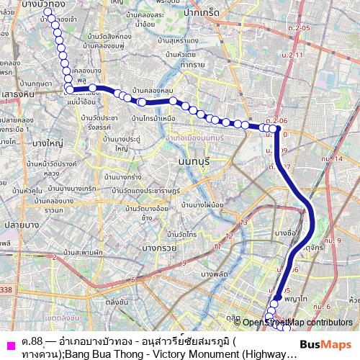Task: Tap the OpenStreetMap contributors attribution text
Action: tap(297, 323)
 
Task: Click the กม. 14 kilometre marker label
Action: tap(332, 158)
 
